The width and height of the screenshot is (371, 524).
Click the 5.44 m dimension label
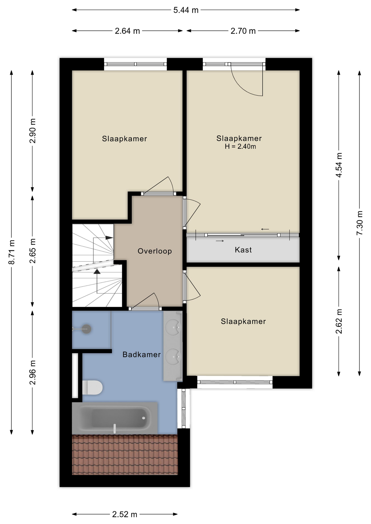tap(186, 10)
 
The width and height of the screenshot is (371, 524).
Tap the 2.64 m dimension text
tap(127, 31)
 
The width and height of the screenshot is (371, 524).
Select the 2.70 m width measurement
tap(243, 31)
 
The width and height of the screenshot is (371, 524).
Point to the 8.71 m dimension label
tap(11, 252)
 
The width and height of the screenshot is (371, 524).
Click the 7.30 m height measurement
tap(360, 223)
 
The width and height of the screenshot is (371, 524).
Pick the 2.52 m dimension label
tap(125, 514)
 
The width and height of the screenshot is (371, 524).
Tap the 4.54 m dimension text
tap(339, 165)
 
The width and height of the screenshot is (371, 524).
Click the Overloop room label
tap(155, 251)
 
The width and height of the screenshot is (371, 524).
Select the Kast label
tap(243, 250)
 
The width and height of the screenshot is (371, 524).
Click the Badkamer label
tap(142, 355)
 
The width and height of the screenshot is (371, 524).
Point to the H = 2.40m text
tap(240, 147)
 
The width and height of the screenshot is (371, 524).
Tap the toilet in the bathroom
tap(92, 388)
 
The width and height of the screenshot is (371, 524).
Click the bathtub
tap(115, 418)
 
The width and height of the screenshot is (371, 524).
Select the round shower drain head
tap(86, 329)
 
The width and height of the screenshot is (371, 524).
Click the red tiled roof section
tap(125, 455)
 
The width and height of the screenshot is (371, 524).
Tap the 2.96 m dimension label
tap(33, 372)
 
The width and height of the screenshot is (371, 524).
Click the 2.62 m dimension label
tap(339, 321)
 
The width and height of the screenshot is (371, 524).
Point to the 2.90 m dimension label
tap(33, 131)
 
